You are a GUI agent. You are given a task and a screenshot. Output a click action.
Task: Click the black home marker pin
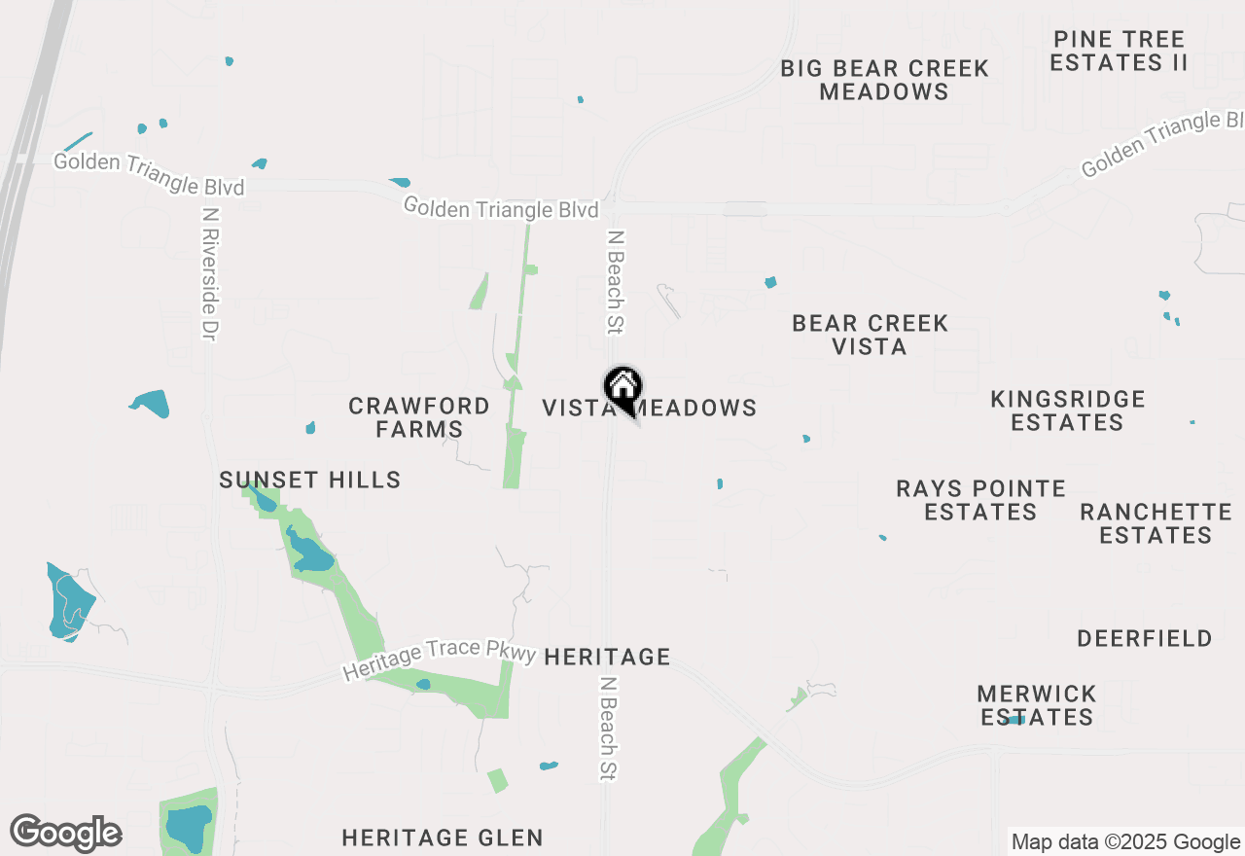coord(622,389)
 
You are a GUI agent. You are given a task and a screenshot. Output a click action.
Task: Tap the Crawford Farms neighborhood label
coord(419,417)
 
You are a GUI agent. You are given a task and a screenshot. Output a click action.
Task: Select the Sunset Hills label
coord(309,480)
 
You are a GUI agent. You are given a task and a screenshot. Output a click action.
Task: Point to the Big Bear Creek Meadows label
coord(884,80)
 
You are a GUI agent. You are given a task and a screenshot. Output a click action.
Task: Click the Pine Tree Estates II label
coord(1120,52)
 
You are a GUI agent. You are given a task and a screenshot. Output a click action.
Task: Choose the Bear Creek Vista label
coord(870,335)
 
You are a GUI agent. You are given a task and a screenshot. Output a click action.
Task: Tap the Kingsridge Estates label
coord(1067,410)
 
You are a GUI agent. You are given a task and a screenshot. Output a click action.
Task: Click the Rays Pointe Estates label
coord(980,500)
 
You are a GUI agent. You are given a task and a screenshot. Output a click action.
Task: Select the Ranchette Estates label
coord(1156,523)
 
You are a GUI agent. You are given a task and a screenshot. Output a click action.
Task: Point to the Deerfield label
coord(1145,639)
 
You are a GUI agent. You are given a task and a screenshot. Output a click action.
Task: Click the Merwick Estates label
coord(1037,705)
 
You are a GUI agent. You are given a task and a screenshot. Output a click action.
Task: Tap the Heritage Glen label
coord(443,838)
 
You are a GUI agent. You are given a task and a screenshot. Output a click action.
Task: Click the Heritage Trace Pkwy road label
coord(440,660)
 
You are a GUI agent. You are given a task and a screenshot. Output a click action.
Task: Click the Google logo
coord(66,834)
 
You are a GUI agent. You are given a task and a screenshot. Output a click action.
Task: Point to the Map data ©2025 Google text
coord(1125,842)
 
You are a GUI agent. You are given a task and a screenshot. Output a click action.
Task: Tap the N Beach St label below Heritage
coord(609,729)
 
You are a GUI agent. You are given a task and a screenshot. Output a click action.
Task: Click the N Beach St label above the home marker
coord(615,281)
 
